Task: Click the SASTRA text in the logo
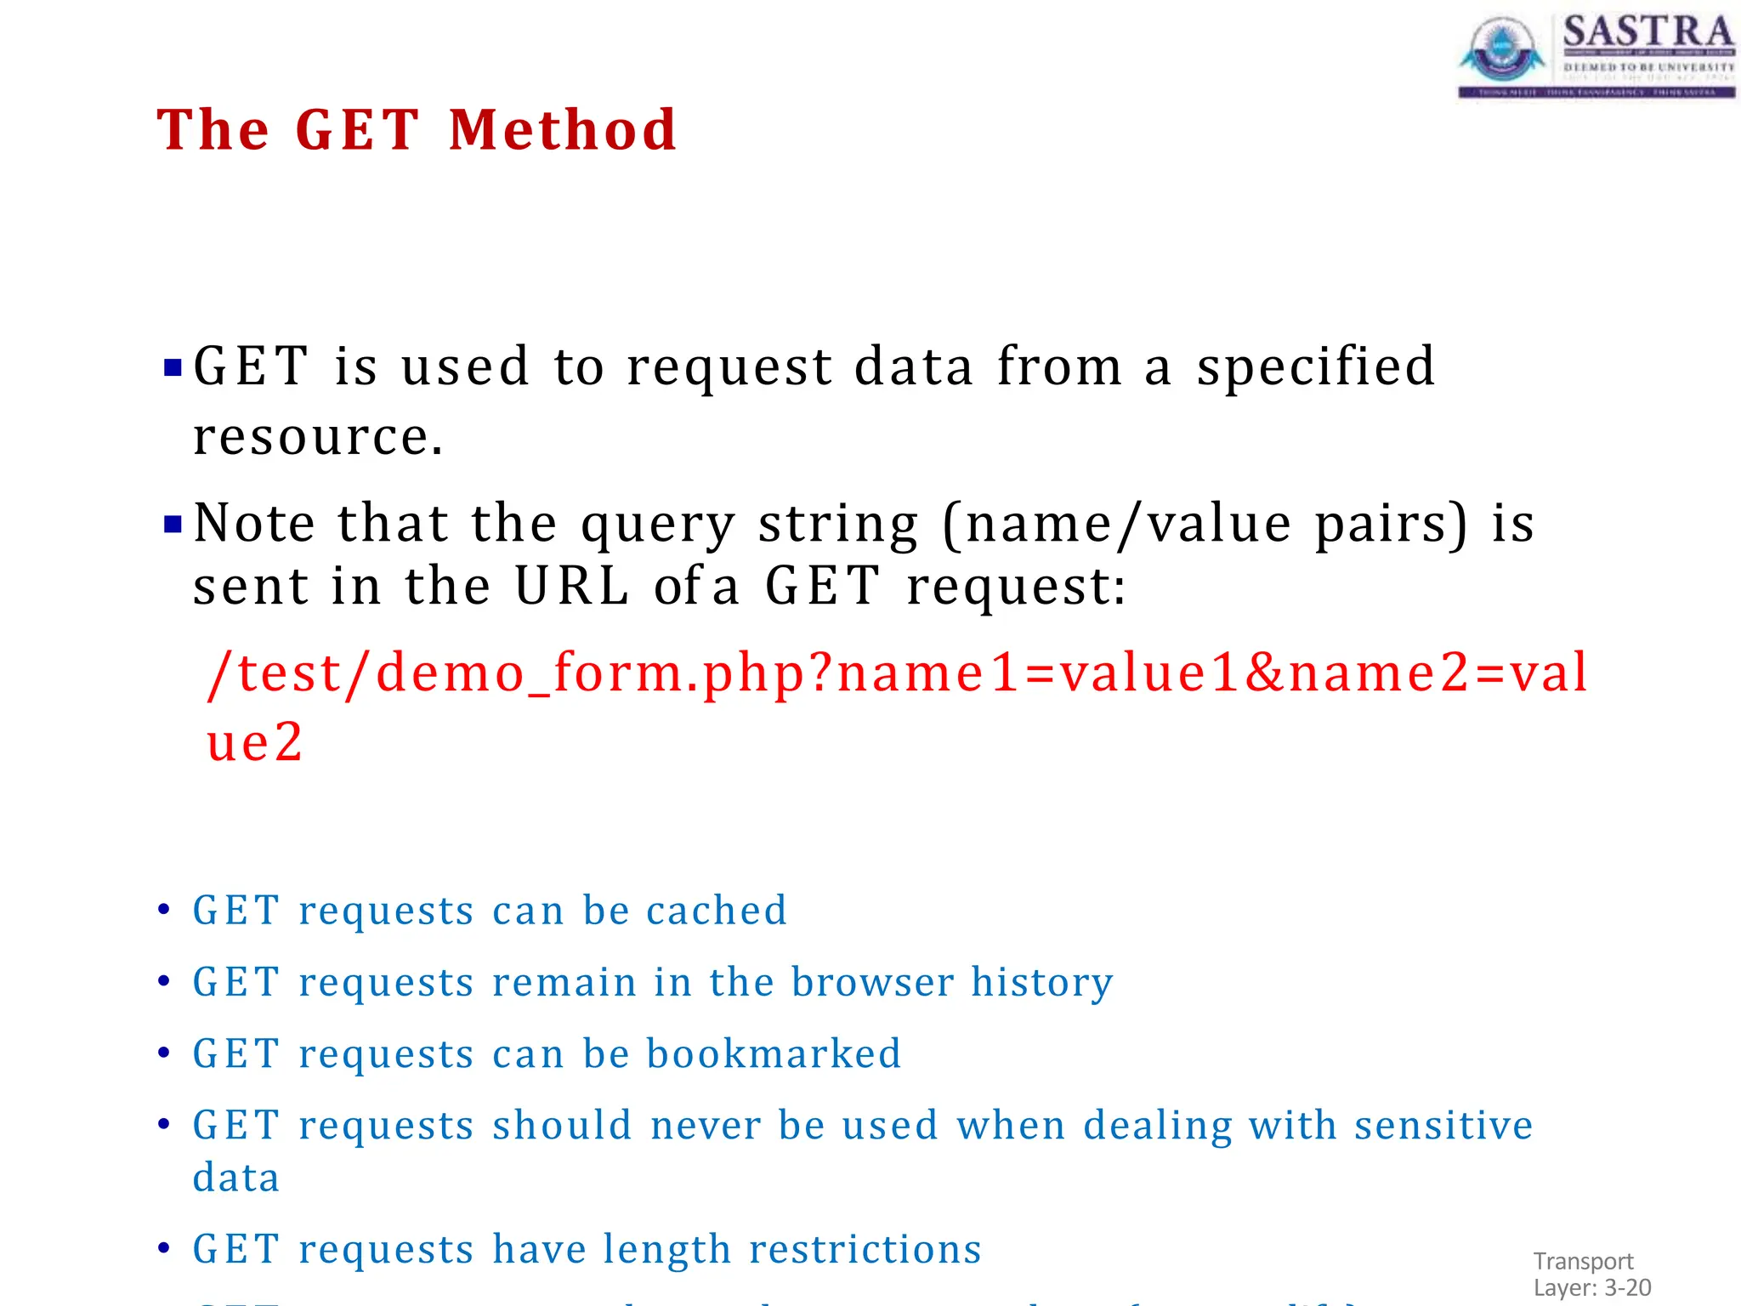(1647, 32)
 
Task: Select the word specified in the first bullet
(1316, 367)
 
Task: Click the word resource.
(317, 437)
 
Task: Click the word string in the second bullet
(838, 524)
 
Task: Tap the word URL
(572, 586)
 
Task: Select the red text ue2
(254, 741)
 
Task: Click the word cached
(717, 911)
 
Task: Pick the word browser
(872, 982)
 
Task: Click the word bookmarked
(774, 1053)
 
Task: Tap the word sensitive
(1443, 1125)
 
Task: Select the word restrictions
(865, 1249)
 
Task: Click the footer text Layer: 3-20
(1592, 1287)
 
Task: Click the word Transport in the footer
(1583, 1261)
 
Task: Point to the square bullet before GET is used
(173, 368)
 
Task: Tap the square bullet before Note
(173, 524)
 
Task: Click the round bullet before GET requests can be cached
(164, 910)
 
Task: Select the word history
(1041, 982)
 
